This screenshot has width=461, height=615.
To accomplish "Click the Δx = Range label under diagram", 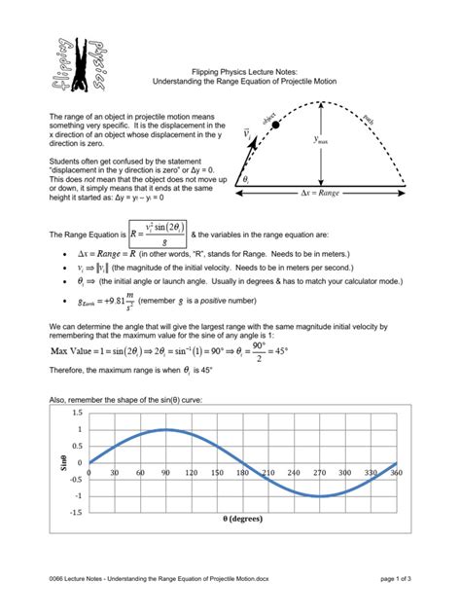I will pos(321,194).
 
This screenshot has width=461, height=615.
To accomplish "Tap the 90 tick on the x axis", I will pos(166,472).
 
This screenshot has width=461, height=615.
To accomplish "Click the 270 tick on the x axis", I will pos(319,472).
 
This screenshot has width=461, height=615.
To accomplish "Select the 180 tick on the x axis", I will pos(243,472).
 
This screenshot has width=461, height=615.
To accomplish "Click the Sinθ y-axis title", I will pos(59,461).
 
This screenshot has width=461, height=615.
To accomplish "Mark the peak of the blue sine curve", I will pos(166,429).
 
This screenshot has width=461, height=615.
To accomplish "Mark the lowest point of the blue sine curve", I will pos(319,495).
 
